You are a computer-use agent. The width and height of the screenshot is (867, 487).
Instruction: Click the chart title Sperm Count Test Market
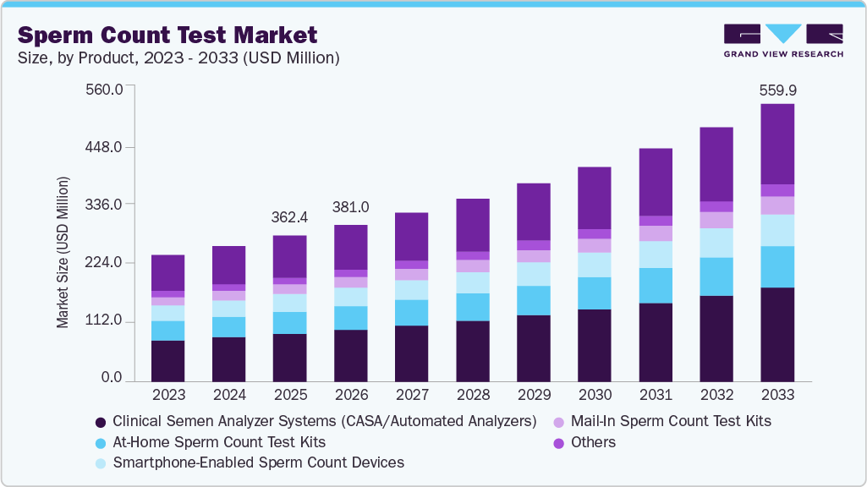tap(167, 35)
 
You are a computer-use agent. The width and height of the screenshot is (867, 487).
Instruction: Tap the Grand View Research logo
tap(782, 41)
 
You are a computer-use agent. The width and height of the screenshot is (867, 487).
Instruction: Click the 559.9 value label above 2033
tap(776, 90)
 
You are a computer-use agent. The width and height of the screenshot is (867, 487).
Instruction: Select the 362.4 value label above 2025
tap(289, 217)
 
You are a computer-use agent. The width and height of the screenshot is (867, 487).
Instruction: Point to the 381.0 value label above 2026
tap(350, 207)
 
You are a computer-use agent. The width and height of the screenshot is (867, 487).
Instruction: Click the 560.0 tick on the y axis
tap(106, 90)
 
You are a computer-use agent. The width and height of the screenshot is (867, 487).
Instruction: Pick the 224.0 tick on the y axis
tap(106, 263)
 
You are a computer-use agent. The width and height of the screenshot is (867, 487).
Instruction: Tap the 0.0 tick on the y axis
tap(112, 378)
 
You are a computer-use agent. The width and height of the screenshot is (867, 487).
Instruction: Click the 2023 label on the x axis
tap(167, 395)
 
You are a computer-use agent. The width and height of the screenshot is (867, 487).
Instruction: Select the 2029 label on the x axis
tap(533, 395)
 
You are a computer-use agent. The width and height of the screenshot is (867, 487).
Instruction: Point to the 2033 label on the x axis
tap(776, 395)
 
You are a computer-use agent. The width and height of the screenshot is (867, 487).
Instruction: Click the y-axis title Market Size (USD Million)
tap(63, 252)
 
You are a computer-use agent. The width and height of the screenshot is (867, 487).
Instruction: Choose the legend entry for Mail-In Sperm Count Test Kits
tap(671, 420)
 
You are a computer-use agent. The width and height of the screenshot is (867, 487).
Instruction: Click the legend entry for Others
tap(593, 442)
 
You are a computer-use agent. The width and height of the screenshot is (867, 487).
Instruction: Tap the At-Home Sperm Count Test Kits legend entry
tap(218, 442)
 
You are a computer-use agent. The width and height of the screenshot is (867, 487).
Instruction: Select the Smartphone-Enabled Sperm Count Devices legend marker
tap(101, 463)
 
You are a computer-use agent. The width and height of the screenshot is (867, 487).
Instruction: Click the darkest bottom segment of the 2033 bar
tap(776, 335)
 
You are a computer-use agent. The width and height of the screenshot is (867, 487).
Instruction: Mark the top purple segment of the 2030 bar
tap(594, 198)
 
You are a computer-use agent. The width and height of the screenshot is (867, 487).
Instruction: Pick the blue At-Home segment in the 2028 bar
tap(472, 307)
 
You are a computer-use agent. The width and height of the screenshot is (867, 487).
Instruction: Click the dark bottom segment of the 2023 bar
tap(167, 361)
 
